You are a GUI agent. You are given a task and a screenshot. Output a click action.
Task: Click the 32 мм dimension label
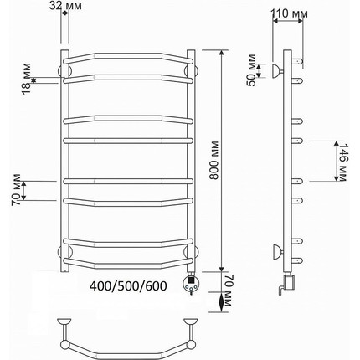65,6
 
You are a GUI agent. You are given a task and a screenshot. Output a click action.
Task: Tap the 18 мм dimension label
27,80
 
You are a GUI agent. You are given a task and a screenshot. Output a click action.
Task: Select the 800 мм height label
214,161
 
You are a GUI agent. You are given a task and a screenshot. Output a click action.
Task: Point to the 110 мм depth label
289,13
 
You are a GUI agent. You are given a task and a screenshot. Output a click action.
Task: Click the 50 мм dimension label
252,70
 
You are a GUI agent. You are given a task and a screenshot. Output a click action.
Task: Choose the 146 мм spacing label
342,162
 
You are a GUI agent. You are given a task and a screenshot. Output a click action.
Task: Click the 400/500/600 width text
128,285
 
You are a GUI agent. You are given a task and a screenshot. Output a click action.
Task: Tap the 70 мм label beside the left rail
16,190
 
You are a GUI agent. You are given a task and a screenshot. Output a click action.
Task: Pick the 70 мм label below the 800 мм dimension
227,291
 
